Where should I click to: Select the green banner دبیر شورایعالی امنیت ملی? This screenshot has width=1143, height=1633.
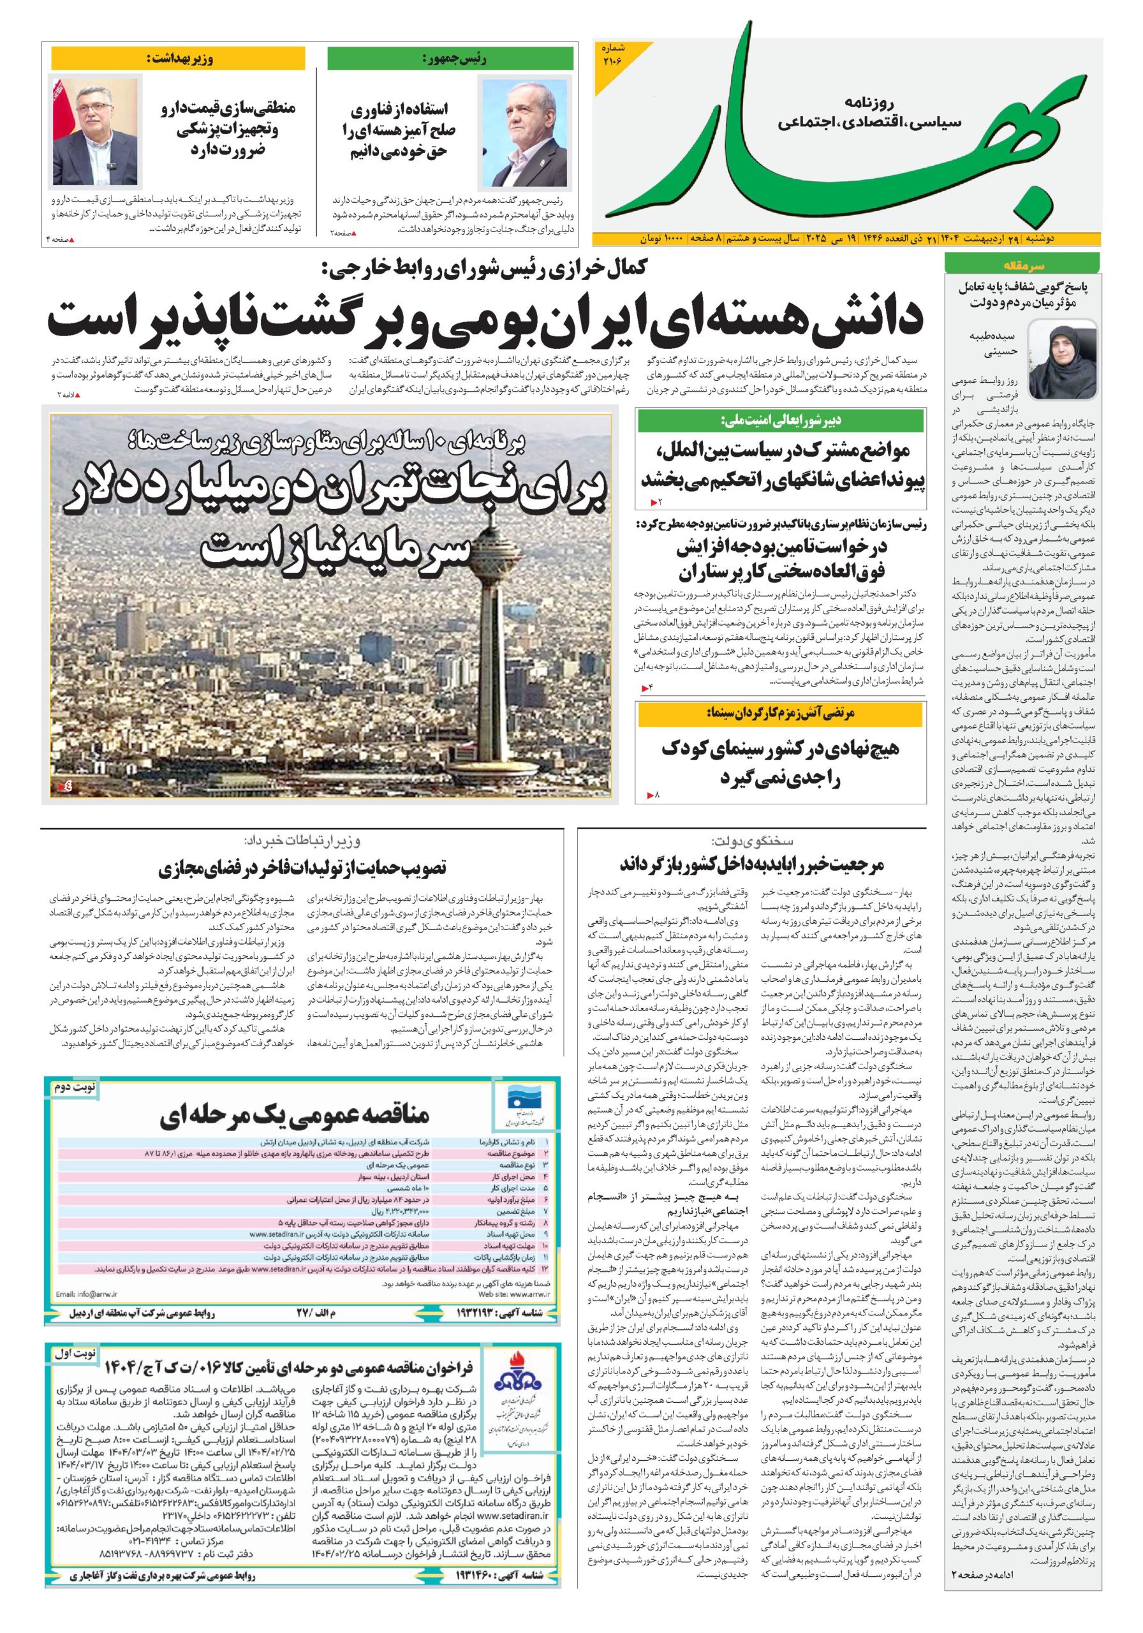pos(781,420)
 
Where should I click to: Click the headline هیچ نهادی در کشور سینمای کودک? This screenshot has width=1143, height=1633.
pos(781,762)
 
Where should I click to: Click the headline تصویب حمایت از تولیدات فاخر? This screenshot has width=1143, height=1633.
pos(302,868)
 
